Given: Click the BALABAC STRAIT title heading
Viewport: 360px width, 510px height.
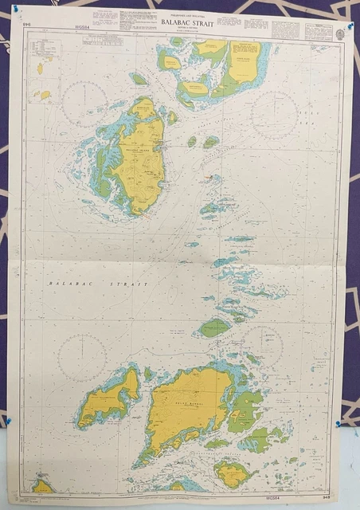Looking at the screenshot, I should pyautogui.click(x=186, y=23).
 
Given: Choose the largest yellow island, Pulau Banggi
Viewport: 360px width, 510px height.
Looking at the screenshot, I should pyautogui.click(x=186, y=406).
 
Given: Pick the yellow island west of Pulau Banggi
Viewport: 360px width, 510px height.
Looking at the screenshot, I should pyautogui.click(x=108, y=397).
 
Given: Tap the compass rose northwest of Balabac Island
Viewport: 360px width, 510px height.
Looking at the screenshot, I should pyautogui.click(x=84, y=104).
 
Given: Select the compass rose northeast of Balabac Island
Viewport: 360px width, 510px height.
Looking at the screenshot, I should pyautogui.click(x=273, y=113).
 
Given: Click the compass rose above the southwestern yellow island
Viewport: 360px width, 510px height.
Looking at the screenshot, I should pyautogui.click(x=82, y=356).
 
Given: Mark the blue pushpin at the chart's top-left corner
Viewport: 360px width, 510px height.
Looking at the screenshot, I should pyautogui.click(x=15, y=9).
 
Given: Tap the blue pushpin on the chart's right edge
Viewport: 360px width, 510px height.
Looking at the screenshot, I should pyautogui.click(x=338, y=424).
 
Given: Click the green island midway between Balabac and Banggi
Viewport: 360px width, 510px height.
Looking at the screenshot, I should pyautogui.click(x=213, y=327).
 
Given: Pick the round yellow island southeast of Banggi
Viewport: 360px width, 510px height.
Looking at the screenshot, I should pyautogui.click(x=232, y=475).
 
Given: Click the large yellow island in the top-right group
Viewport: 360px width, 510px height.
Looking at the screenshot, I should pyautogui.click(x=244, y=61).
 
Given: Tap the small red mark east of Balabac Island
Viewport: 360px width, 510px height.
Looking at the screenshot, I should pyautogui.click(x=207, y=176).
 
